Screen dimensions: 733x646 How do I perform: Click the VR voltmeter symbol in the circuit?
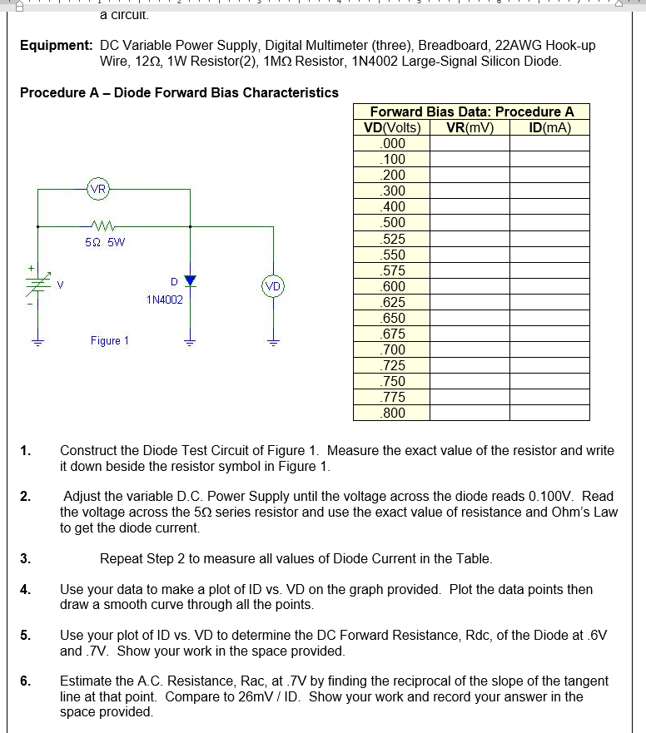pos(98,189)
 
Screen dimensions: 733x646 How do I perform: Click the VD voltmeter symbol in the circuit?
pos(272,286)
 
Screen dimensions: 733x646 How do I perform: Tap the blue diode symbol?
pos(191,280)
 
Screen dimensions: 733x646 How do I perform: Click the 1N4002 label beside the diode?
pos(164,299)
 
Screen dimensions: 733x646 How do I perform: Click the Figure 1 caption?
pos(110,340)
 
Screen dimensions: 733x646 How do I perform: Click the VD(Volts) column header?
pos(392,128)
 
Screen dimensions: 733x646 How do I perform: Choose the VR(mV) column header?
pos(470,128)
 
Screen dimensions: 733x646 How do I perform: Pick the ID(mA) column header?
pos(549,128)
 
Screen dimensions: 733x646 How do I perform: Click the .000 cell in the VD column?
pos(392,143)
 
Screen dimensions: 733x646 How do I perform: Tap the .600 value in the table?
pos(392,286)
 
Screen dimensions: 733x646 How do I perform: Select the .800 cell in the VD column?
pos(392,413)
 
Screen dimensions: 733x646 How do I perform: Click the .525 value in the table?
pos(392,239)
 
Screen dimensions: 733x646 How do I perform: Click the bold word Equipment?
pos(55,45)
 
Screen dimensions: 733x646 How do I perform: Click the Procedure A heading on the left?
pos(179,92)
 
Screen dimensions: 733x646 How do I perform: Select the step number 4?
pos(25,589)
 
